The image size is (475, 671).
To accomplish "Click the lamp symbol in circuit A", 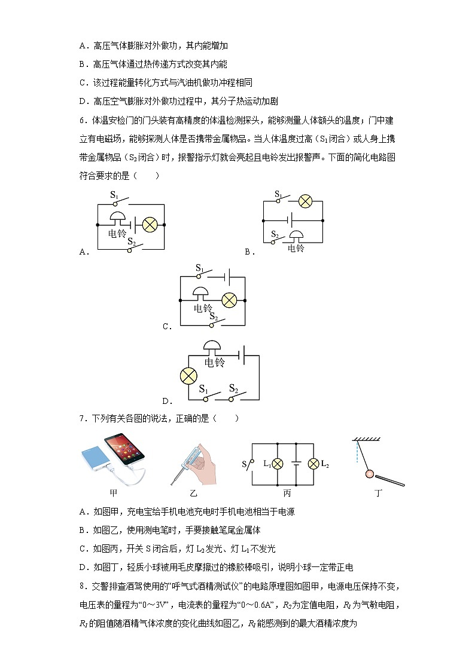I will coord(149,225).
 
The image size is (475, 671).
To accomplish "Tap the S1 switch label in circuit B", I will coord(278,194).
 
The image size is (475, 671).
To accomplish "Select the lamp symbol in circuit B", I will coord(306,201).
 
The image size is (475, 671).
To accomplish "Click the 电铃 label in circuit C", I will coord(202,308).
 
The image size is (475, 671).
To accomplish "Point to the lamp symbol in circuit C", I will coord(230,299).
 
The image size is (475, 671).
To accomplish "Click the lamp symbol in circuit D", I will coord(189,376).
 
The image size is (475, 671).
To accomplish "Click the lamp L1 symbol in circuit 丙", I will coord(277,464).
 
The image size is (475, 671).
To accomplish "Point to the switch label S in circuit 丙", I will coord(243,464).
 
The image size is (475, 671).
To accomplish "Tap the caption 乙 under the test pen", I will coord(193,493).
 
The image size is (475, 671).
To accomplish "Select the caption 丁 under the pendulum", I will coord(377,493).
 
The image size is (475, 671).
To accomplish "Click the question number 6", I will coord(81,120).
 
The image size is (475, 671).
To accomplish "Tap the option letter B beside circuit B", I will coord(247,252).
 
